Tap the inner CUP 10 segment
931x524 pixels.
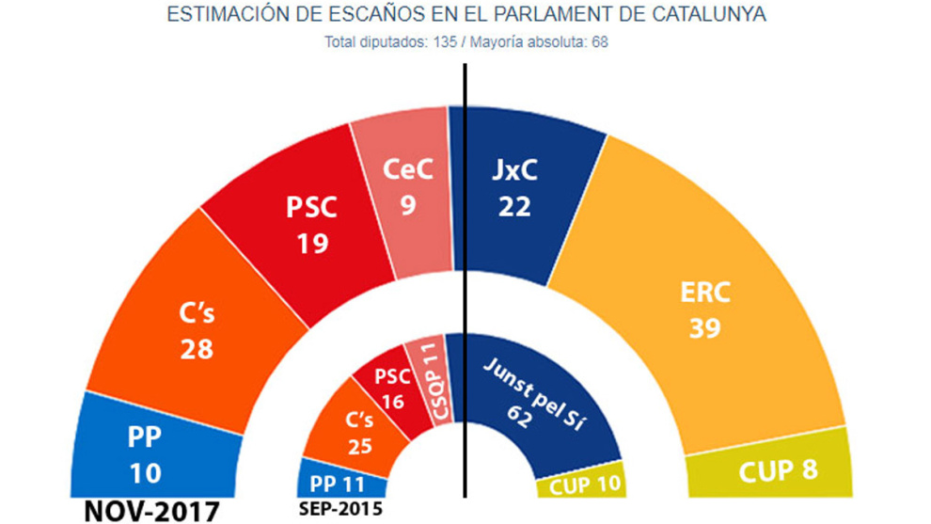tap(583, 485)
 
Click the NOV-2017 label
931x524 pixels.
tap(150, 511)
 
